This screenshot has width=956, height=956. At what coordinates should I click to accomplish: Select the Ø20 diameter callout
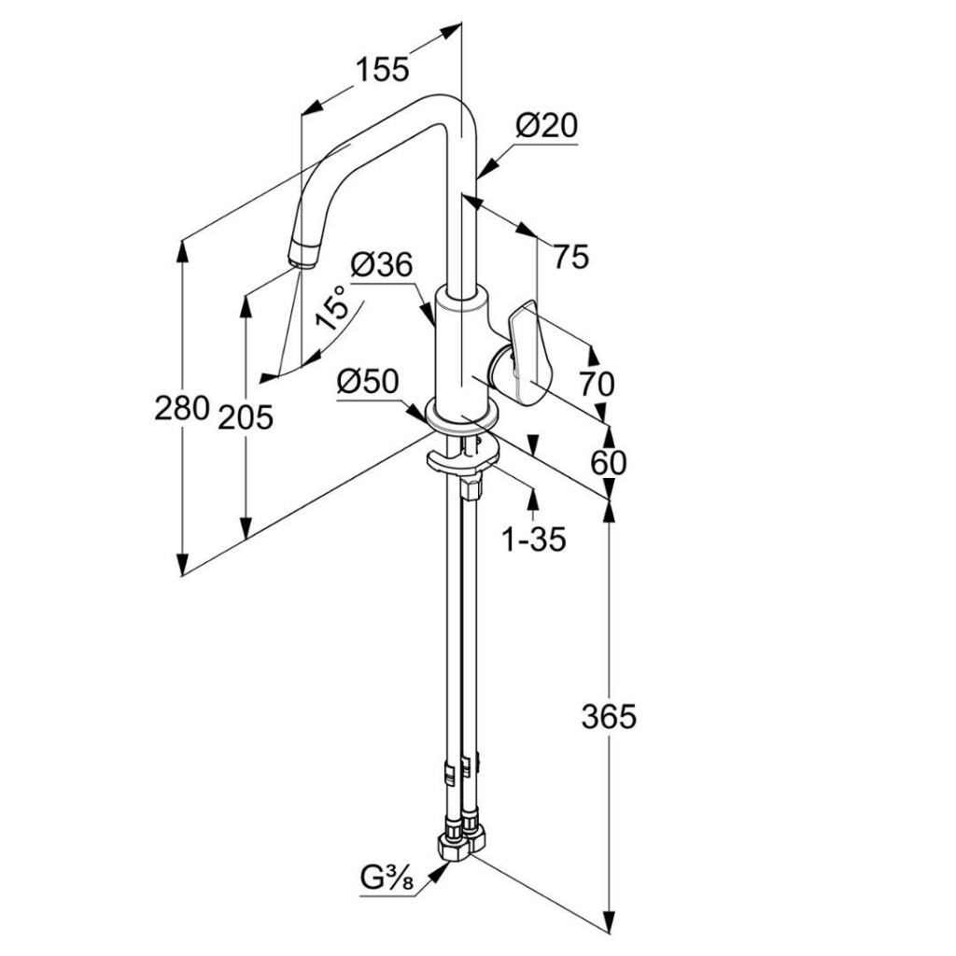point(547,126)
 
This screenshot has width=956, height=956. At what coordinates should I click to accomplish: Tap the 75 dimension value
point(570,257)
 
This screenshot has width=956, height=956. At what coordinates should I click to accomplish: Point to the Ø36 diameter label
point(381,265)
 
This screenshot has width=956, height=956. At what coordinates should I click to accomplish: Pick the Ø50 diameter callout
point(369,381)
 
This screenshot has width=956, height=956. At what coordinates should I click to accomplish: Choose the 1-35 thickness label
point(534,539)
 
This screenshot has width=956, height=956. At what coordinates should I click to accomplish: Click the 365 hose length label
point(608,717)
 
